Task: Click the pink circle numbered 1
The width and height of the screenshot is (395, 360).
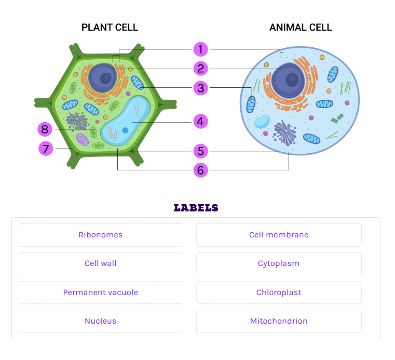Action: click(200, 49)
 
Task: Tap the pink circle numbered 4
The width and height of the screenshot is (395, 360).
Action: click(200, 122)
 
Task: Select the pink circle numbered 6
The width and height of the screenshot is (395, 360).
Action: click(200, 170)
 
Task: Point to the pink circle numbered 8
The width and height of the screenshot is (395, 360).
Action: click(45, 129)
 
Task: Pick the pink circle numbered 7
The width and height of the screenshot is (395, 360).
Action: click(46, 149)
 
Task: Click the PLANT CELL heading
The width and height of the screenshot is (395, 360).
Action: click(110, 27)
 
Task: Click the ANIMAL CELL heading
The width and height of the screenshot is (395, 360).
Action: click(301, 27)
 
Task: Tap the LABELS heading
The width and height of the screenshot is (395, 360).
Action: click(196, 208)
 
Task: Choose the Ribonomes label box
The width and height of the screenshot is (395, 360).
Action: click(100, 235)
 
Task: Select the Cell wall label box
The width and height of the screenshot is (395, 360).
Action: click(100, 264)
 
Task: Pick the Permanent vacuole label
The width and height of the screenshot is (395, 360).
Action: click(100, 292)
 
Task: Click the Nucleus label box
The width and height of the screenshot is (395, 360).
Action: click(100, 321)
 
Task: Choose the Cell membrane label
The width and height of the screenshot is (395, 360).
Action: click(279, 235)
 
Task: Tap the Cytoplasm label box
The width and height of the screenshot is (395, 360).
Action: click(279, 264)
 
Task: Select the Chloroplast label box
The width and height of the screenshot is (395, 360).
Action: click(279, 292)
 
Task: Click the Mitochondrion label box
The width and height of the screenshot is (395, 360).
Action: click(279, 321)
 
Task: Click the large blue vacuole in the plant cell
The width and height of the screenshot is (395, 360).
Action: click(126, 121)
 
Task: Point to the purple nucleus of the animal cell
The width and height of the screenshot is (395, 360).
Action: click(289, 81)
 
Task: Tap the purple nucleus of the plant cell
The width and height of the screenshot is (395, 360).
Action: click(103, 78)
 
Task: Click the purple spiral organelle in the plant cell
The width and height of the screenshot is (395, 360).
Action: click(83, 139)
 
